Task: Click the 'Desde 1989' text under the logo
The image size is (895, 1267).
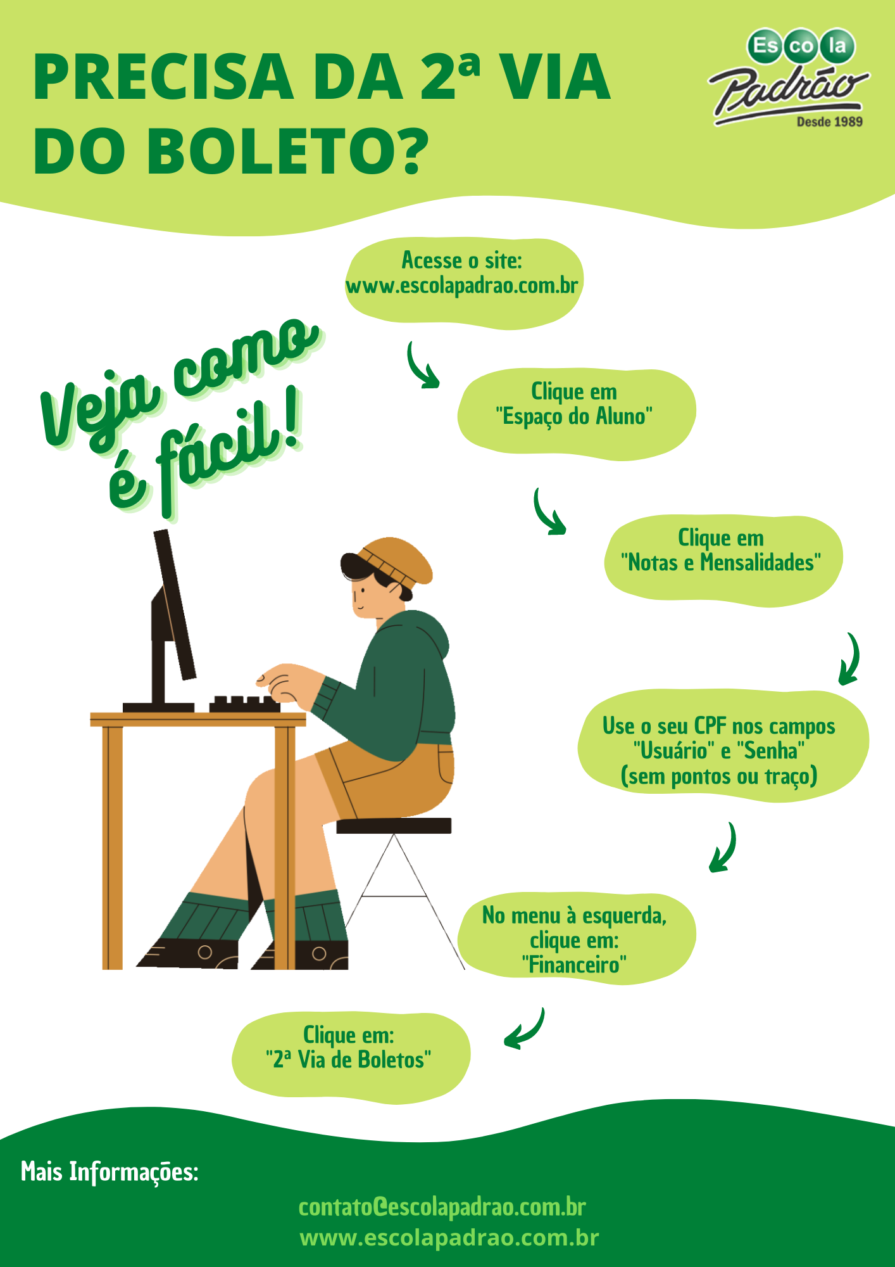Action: pyautogui.click(x=829, y=122)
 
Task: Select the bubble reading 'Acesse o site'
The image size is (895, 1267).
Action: pyautogui.click(x=463, y=284)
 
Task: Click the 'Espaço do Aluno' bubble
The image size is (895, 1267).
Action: pyautogui.click(x=576, y=414)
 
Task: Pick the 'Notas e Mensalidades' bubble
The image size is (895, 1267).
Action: pyautogui.click(x=723, y=561)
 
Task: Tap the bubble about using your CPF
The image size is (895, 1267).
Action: pyautogui.click(x=722, y=746)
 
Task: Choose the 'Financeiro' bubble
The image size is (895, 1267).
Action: pyautogui.click(x=576, y=939)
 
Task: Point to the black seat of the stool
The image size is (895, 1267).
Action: pyautogui.click(x=394, y=825)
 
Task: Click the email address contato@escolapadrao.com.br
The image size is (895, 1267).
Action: pyautogui.click(x=442, y=1207)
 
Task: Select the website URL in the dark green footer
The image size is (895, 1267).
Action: pyautogui.click(x=449, y=1237)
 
